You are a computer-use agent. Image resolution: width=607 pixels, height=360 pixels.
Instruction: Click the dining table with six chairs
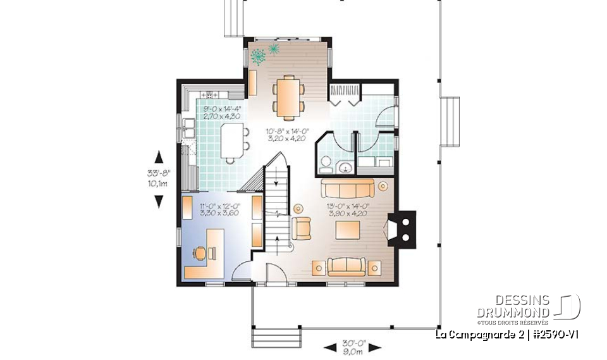[288, 96]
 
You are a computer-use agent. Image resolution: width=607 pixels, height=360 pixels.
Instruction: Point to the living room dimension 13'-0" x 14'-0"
[348, 206]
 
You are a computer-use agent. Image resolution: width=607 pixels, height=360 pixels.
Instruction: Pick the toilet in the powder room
[325, 163]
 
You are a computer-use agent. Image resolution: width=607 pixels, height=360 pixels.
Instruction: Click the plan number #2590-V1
[557, 335]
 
